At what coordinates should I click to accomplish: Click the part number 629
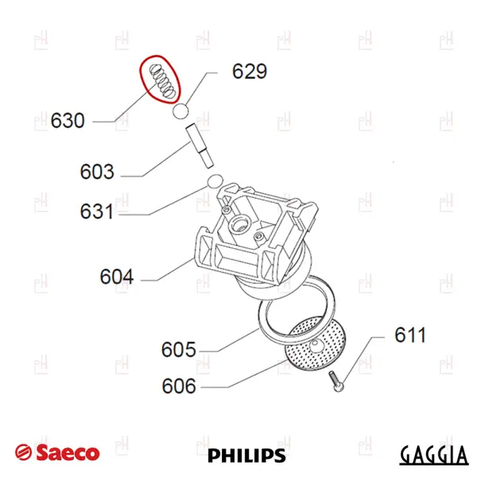250,72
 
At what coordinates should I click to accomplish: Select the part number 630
68,121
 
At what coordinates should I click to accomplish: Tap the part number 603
97,172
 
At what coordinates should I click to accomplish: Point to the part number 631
97,211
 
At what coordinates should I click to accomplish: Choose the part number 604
117,277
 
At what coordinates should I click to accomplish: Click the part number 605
179,350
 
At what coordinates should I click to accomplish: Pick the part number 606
179,386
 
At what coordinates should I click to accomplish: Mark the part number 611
410,335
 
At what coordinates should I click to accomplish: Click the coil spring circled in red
162,81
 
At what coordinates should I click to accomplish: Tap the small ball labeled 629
180,111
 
